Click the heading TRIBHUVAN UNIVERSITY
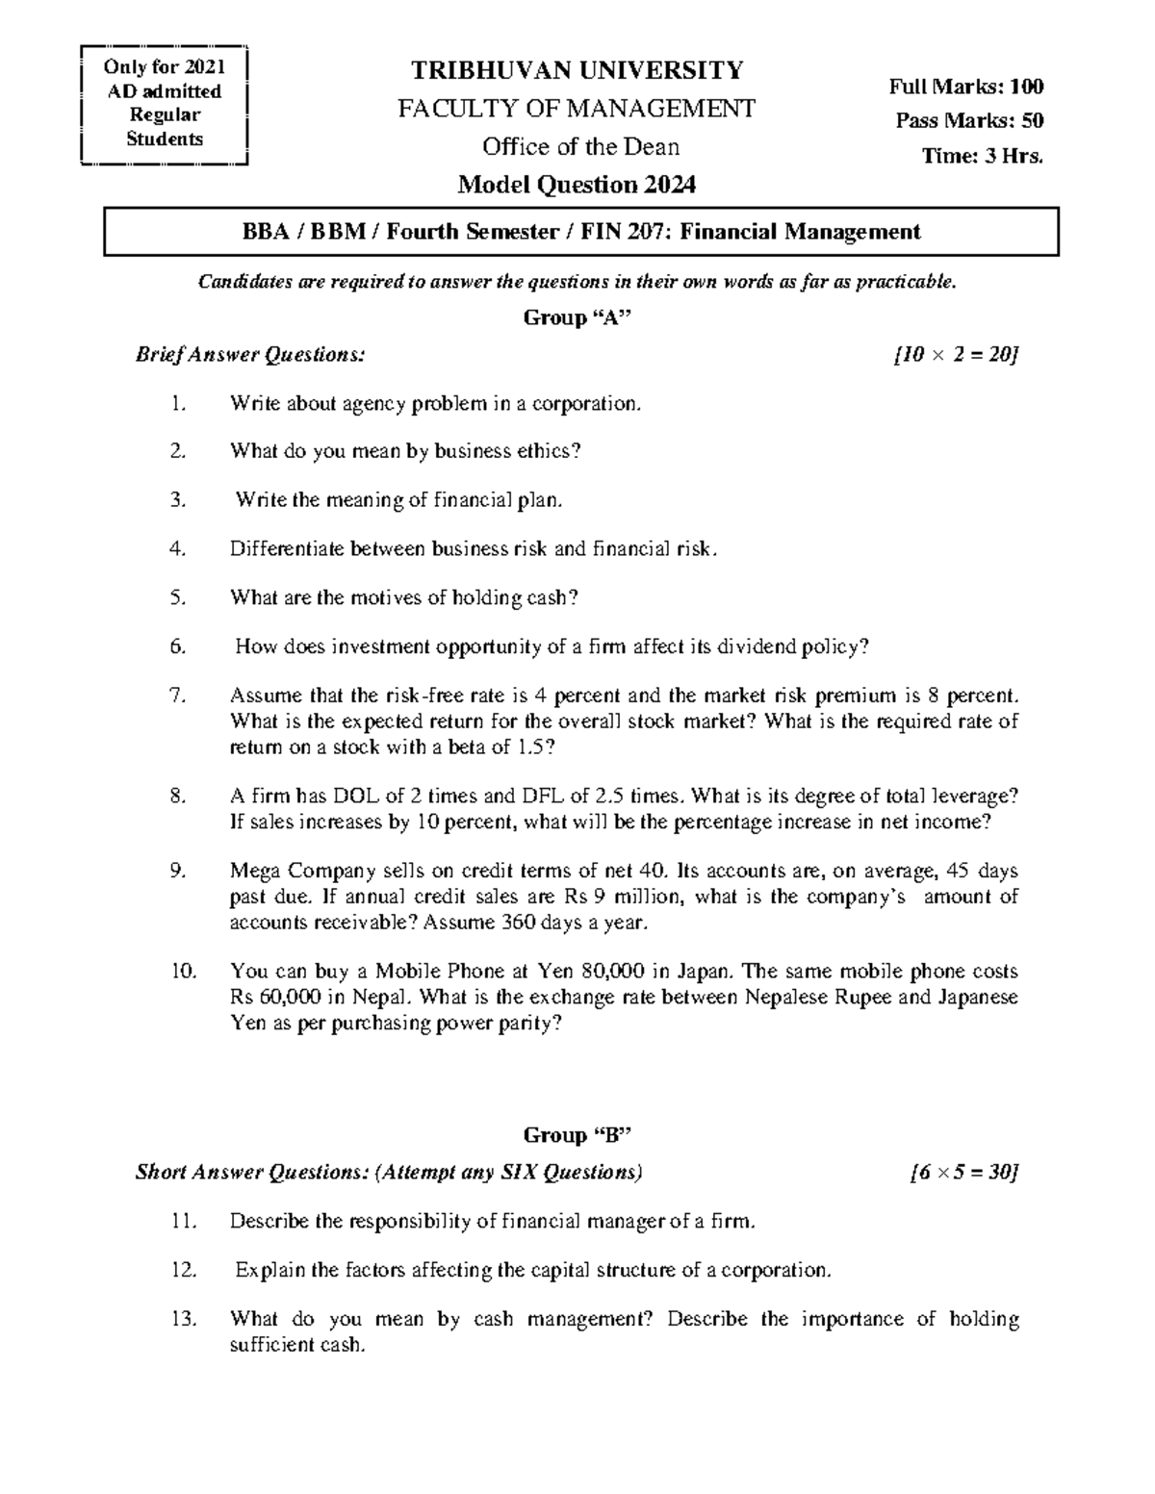point(577,70)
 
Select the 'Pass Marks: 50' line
point(969,121)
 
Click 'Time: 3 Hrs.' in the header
point(982,156)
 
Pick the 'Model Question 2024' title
point(577,184)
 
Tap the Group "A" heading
point(577,318)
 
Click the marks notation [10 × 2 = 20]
point(955,355)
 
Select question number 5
point(177,597)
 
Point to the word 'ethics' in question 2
point(546,451)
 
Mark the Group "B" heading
point(577,1135)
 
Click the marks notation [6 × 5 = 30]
point(962,1172)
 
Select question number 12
point(183,1270)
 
